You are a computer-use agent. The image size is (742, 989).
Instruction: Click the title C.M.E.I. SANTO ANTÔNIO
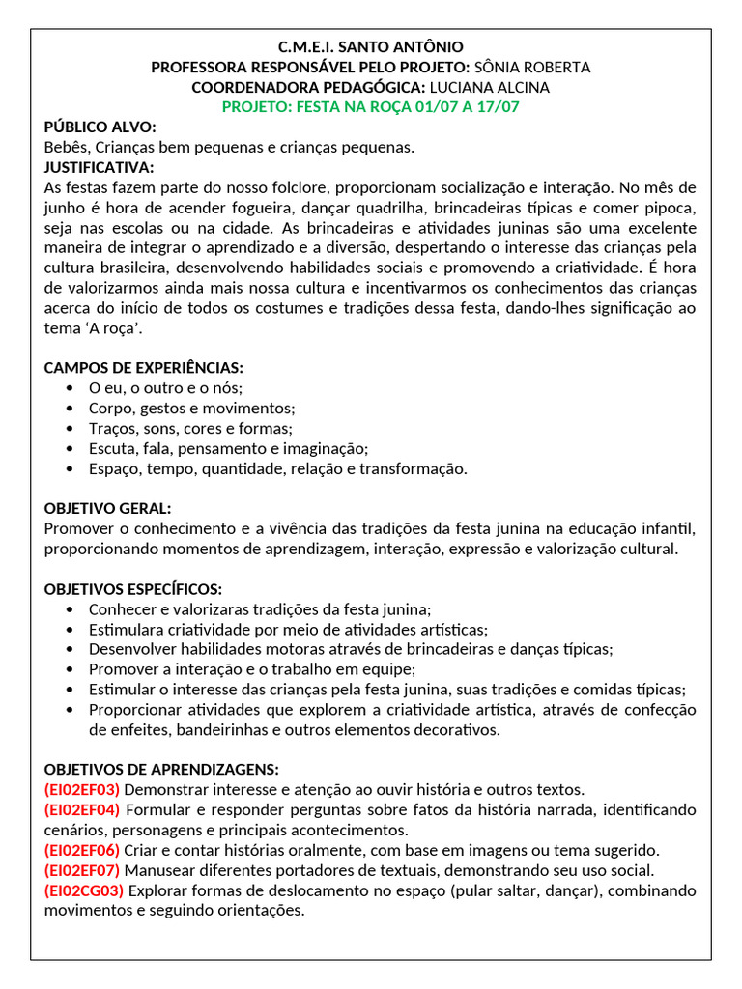371,46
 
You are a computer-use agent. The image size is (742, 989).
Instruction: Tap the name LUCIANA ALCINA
502,87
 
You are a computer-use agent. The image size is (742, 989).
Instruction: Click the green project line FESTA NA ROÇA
371,107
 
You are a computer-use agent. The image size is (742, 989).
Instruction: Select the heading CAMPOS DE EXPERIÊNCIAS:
144,368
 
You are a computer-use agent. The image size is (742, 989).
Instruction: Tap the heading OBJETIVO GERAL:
108,508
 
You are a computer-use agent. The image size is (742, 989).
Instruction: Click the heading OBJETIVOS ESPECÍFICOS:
133,589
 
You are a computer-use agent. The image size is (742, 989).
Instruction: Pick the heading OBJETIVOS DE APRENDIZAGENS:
161,769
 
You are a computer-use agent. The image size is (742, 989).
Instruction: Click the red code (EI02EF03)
82,789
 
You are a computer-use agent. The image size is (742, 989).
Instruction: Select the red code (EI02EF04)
82,809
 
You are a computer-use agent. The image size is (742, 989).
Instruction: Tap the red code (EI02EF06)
82,850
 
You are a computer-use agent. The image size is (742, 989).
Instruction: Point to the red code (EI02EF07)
82,870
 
